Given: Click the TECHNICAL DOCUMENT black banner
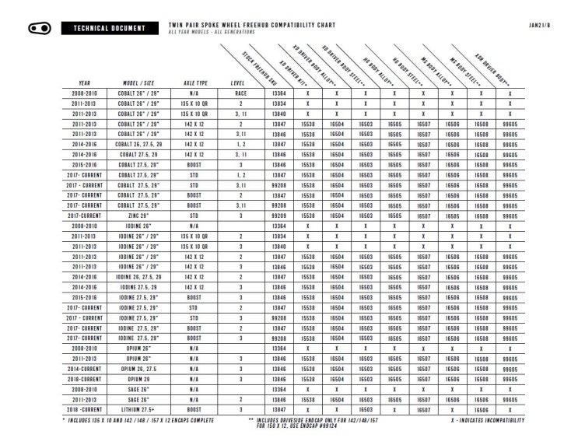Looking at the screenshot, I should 109,29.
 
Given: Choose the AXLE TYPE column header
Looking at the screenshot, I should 195,82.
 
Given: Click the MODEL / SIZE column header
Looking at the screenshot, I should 140,82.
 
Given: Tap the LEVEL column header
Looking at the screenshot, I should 241,82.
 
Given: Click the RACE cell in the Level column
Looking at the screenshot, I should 241,93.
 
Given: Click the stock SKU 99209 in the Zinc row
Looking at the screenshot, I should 279,215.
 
